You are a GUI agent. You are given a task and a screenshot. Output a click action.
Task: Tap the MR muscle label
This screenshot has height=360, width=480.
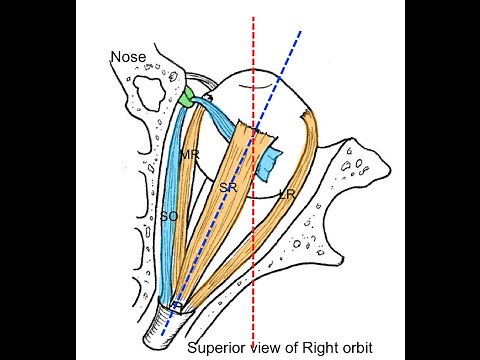[188, 156]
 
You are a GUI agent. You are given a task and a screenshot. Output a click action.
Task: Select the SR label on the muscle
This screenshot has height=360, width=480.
[226, 187]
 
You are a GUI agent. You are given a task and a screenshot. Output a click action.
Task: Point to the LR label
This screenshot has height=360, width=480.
[286, 192]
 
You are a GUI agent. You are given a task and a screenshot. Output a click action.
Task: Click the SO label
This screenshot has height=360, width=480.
[169, 214]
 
